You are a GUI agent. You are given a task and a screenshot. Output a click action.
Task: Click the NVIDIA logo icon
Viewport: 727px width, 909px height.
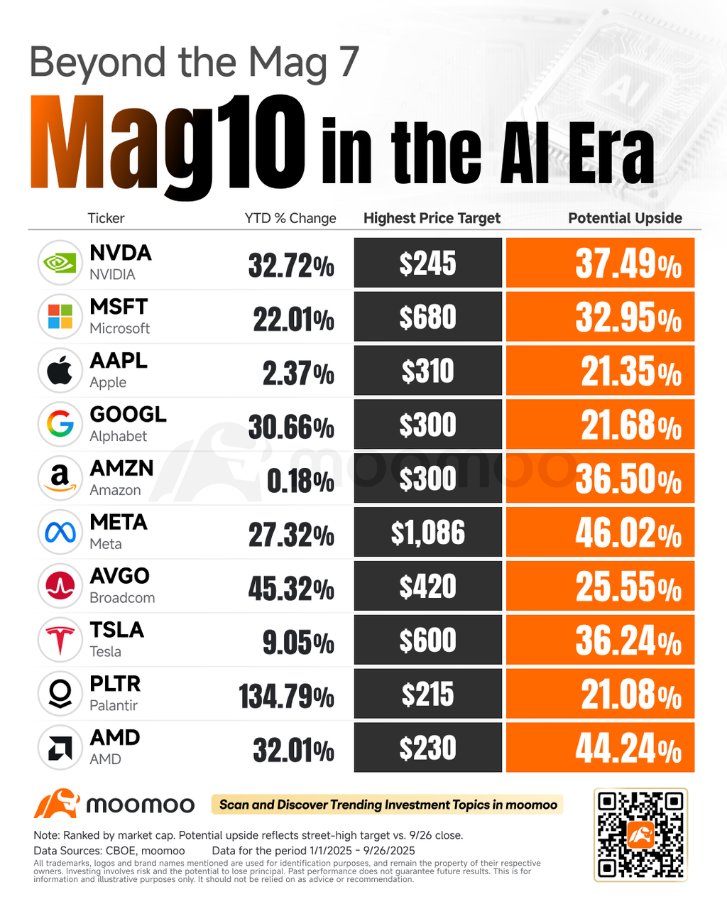[x=60, y=263]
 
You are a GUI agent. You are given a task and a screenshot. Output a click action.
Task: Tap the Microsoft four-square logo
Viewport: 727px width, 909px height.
[x=60, y=317]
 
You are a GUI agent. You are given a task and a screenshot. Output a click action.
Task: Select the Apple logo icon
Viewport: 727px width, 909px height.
[x=60, y=371]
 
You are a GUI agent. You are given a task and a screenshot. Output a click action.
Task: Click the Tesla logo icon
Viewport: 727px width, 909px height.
[x=60, y=640]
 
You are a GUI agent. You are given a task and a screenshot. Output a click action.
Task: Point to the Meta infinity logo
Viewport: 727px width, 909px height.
[x=60, y=532]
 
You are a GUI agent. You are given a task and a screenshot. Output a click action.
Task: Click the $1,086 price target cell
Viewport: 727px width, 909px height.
[x=428, y=533]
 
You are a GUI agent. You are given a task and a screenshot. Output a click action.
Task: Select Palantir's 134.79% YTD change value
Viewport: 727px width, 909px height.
[x=286, y=696]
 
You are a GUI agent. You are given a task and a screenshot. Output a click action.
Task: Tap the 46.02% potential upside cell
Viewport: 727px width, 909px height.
[x=600, y=533]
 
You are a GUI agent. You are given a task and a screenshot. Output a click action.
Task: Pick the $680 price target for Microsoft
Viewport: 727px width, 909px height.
[x=428, y=317]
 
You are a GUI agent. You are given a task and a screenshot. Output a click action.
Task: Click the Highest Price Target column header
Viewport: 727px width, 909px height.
[x=432, y=218]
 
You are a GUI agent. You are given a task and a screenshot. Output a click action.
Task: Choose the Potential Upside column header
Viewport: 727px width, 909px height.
[x=625, y=218]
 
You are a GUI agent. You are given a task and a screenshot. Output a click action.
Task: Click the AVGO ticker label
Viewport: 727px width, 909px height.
[x=119, y=576]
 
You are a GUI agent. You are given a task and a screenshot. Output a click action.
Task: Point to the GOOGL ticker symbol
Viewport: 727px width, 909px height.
[x=128, y=414]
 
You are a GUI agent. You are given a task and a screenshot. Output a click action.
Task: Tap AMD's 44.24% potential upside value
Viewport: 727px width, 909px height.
[x=600, y=748]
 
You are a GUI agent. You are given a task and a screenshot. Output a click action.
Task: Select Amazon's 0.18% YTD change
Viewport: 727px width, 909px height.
[x=300, y=481]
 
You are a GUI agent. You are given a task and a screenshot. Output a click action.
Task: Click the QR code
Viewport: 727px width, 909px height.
[x=640, y=834]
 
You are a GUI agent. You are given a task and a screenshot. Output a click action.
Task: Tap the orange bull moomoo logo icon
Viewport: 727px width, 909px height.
[x=56, y=804]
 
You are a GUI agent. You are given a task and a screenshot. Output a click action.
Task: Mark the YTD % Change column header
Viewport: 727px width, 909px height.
[x=290, y=218]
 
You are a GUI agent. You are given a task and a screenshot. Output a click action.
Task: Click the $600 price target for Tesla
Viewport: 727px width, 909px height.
[x=428, y=641]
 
